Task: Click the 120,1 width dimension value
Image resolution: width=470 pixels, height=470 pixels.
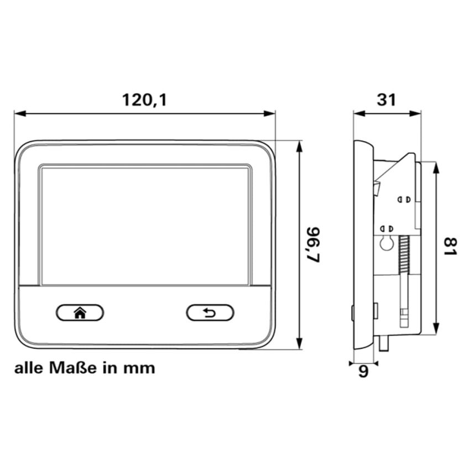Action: pos(145,100)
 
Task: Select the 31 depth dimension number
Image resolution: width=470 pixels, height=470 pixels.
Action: pos(387,100)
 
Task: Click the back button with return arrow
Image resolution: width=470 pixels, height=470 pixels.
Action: pos(210,313)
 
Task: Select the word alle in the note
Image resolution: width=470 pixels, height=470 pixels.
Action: pos(29,368)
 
